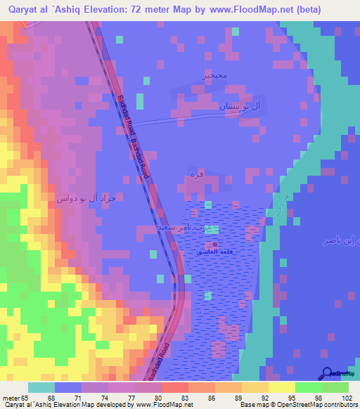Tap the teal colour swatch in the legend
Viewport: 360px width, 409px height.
(x=41, y=387)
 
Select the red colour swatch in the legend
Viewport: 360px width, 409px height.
(x=175, y=387)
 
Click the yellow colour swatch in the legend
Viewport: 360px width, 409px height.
(x=281, y=387)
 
